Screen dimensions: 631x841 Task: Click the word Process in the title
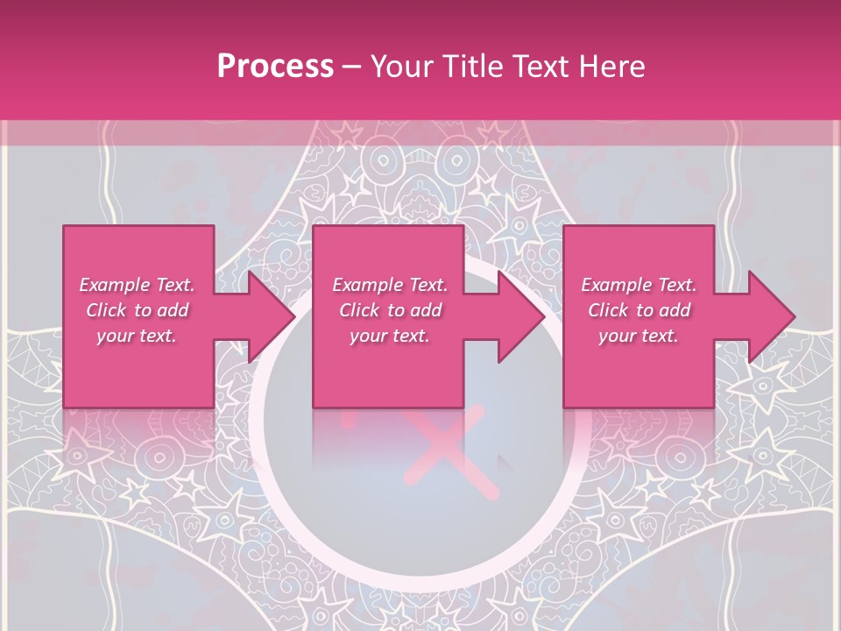[x=275, y=67]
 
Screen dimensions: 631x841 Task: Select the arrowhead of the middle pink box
[x=519, y=316]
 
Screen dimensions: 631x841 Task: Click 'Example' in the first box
[x=114, y=285]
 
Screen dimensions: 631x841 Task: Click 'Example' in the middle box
[x=367, y=285]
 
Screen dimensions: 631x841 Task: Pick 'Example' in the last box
[x=616, y=285]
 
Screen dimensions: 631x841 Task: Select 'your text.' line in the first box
[x=136, y=336]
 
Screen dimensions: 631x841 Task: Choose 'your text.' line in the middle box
[x=389, y=336]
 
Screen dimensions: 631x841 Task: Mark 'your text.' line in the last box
[x=638, y=336]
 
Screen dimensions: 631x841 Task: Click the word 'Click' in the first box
[x=106, y=310]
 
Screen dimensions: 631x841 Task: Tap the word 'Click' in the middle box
[x=359, y=310]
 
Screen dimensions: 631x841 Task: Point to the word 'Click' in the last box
[x=608, y=310]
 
